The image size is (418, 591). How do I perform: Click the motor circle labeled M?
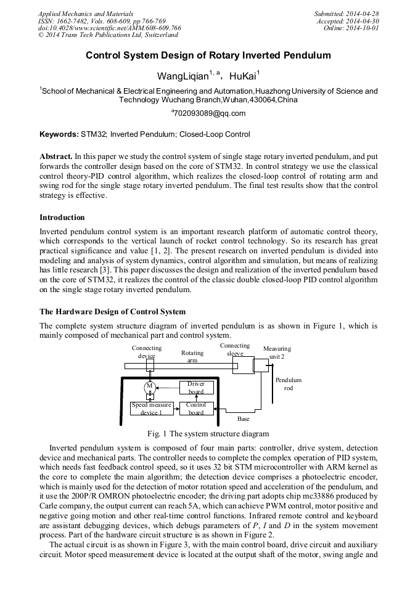pos(149,386)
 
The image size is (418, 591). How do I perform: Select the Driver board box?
pos(196,388)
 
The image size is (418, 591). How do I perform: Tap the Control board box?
pos(196,409)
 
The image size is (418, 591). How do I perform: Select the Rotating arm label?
pos(192,357)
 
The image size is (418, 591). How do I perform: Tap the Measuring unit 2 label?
pos(277,353)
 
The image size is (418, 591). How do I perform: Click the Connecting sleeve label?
pos(235,349)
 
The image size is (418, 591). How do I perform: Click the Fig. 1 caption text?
pos(208,434)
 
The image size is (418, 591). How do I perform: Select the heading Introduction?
pos(62,218)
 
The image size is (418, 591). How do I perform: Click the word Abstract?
pos(55,157)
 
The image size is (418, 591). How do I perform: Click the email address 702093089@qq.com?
pos(209,113)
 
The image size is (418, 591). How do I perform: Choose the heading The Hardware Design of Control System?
pos(112,312)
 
